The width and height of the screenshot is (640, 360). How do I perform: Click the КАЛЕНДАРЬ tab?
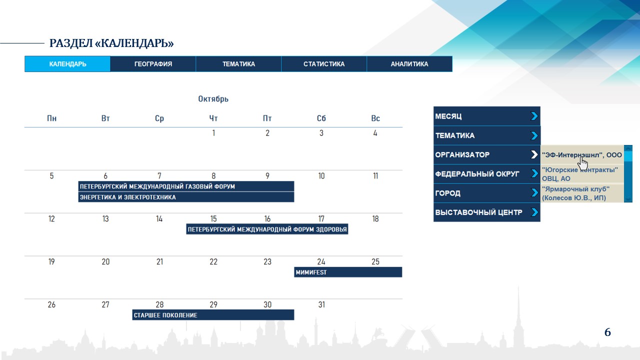click(x=67, y=64)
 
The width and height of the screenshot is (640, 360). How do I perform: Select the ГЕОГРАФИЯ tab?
click(x=153, y=64)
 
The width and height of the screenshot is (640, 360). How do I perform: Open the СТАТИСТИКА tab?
click(x=324, y=64)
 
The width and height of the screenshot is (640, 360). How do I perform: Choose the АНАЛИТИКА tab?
click(x=409, y=64)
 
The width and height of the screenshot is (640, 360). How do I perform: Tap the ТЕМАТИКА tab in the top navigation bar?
click(x=238, y=64)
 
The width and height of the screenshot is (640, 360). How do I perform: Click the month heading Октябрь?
click(x=213, y=99)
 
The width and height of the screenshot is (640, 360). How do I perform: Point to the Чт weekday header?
click(x=213, y=118)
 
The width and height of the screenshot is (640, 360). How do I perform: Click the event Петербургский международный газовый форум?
click(x=186, y=186)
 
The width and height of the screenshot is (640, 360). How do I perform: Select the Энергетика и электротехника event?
click(x=186, y=197)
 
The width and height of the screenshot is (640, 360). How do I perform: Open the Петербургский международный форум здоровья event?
click(x=267, y=229)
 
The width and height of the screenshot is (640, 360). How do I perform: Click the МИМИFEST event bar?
click(x=348, y=272)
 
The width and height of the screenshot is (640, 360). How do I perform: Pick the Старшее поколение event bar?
click(x=213, y=315)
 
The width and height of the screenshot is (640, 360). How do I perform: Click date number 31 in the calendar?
click(x=321, y=304)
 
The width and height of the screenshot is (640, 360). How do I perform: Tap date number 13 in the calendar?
click(x=105, y=219)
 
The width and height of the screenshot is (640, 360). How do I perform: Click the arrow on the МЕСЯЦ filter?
click(x=534, y=116)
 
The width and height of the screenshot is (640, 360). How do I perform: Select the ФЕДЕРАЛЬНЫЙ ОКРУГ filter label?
click(x=477, y=173)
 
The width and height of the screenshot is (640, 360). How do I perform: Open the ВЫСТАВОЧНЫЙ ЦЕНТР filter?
click(x=487, y=212)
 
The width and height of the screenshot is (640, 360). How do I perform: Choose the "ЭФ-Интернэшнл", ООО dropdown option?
click(x=582, y=155)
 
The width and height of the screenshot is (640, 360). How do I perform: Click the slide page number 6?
click(x=607, y=332)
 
